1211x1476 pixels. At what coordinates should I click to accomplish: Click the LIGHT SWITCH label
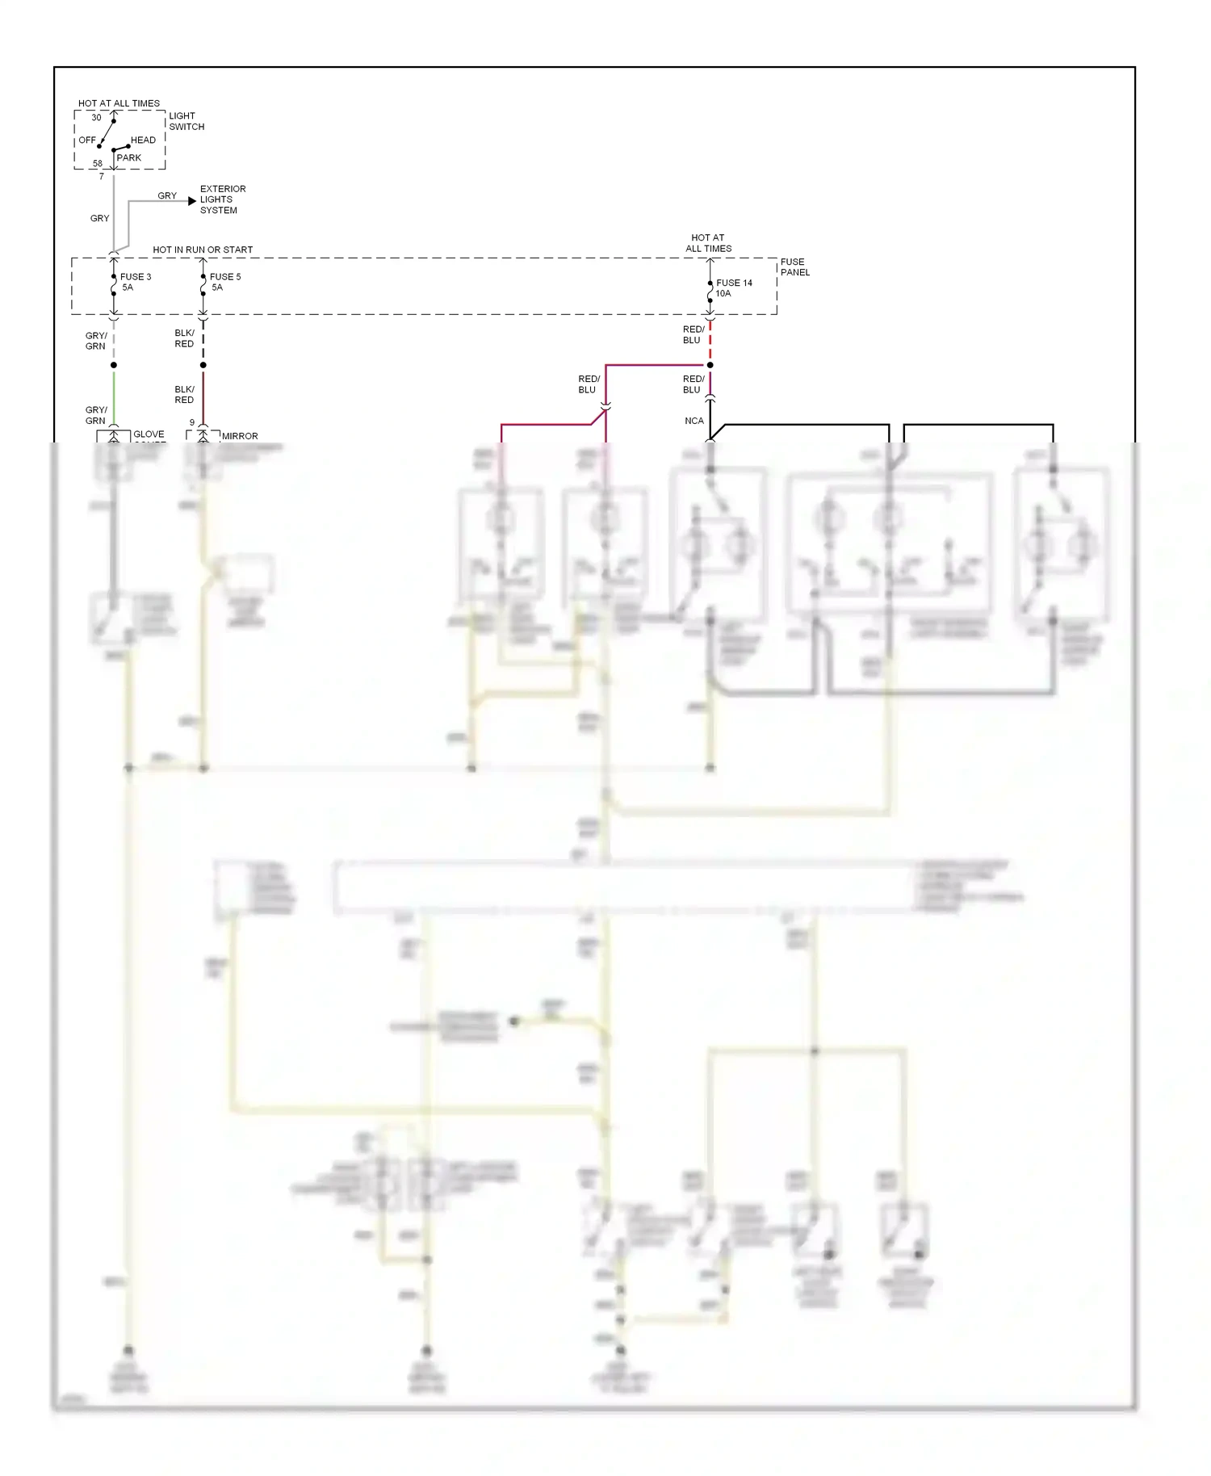[186, 121]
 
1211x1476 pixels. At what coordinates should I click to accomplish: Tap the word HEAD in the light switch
[143, 140]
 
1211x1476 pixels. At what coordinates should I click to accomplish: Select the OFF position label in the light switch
[87, 140]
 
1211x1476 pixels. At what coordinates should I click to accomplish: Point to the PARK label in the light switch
[128, 157]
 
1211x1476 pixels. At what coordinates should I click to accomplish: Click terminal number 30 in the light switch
[96, 117]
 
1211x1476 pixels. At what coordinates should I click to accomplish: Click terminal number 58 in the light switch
[98, 164]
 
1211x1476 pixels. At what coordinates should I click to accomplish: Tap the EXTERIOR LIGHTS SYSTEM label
[222, 199]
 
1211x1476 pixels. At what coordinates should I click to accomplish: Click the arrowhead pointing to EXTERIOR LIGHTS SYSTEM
[192, 200]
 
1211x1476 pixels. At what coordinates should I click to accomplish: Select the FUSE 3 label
[135, 277]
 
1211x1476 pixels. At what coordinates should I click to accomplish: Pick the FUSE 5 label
[224, 277]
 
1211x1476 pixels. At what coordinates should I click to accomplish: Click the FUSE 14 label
[733, 283]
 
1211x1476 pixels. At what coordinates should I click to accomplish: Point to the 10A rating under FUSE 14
[723, 294]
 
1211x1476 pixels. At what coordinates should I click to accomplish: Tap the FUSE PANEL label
[794, 267]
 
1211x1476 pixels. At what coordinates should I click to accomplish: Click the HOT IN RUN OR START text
[203, 249]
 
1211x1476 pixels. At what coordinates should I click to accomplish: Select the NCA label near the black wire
[693, 421]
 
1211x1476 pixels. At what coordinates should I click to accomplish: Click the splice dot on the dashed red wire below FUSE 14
[710, 365]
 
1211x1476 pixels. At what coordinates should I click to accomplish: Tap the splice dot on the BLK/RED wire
[203, 365]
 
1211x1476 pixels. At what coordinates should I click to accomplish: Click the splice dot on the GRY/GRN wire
[113, 365]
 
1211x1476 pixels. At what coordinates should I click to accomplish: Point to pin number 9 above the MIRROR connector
[192, 422]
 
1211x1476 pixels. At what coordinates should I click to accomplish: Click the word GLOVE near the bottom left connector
[149, 434]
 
